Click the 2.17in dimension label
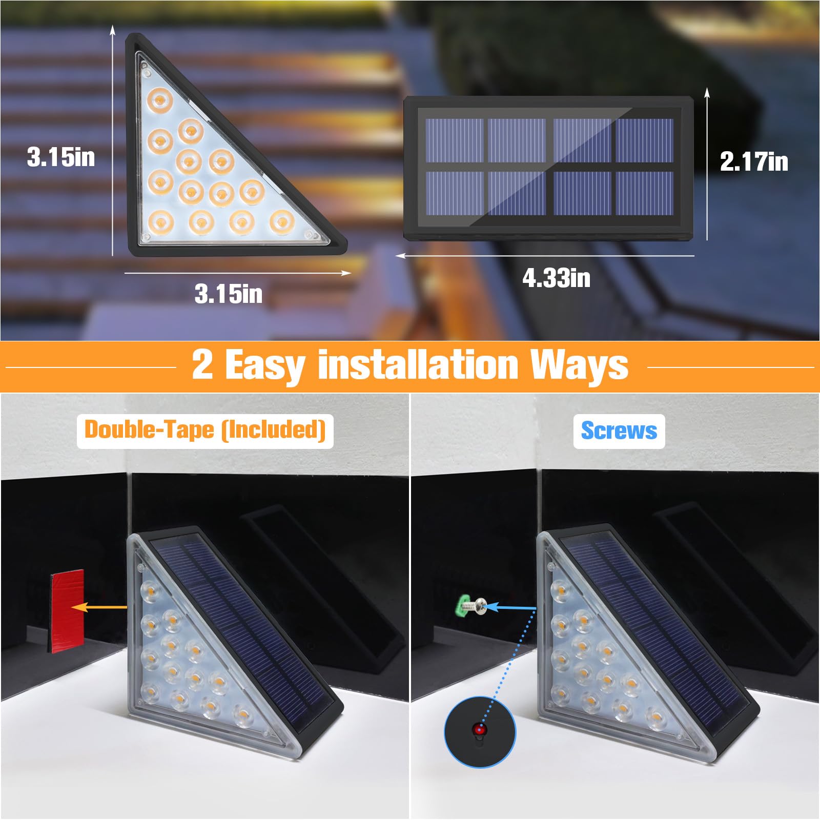(753, 162)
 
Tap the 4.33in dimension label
(556, 278)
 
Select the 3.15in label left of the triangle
(61, 157)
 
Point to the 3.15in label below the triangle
(228, 294)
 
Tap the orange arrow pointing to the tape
(99, 607)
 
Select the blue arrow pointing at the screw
(510, 608)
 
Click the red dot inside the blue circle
(479, 728)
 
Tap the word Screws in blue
(619, 431)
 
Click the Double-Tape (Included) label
(205, 430)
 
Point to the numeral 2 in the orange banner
(202, 364)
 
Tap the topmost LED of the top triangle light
(159, 99)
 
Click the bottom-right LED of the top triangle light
(282, 222)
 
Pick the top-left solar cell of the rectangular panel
(455, 140)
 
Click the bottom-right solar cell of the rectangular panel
(644, 193)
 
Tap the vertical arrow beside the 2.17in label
(707, 164)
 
